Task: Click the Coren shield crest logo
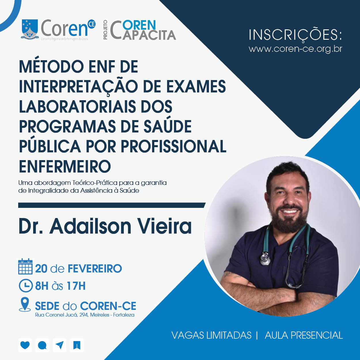click(x=30, y=29)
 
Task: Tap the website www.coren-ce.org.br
click(x=295, y=49)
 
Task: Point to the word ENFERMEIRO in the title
click(x=65, y=166)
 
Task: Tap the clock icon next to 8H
click(x=26, y=285)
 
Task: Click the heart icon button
click(x=25, y=345)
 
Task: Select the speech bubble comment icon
click(x=42, y=345)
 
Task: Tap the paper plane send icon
click(x=60, y=345)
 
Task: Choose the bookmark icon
click(x=77, y=345)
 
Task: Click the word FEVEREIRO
click(x=95, y=268)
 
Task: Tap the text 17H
click(x=76, y=286)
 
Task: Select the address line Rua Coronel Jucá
click(x=85, y=315)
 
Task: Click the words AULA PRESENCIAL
click(x=304, y=335)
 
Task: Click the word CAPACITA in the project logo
click(x=149, y=35)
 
